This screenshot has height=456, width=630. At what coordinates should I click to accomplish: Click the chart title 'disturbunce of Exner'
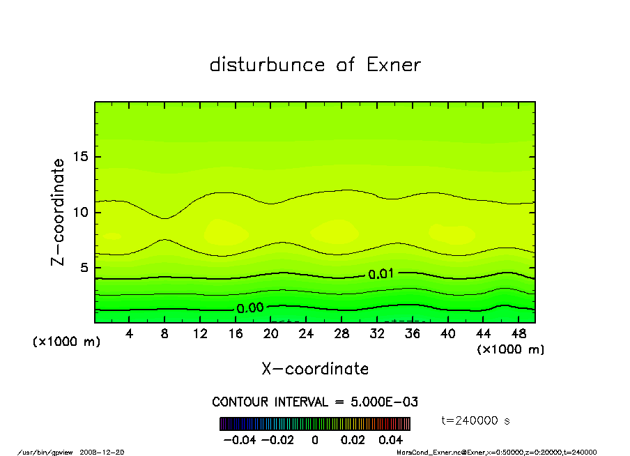coord(315,66)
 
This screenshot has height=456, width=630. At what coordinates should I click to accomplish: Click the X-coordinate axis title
coord(315,369)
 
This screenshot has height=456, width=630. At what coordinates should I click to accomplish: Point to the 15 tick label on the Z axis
coord(80,157)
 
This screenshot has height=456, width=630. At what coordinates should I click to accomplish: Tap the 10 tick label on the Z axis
coord(80,212)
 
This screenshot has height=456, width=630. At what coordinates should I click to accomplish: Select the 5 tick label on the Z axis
coord(84,268)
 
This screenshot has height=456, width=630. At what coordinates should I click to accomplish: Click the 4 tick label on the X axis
coord(130,334)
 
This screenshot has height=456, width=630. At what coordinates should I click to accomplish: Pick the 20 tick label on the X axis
coord(271,334)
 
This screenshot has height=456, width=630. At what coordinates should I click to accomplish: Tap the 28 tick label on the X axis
coord(341,334)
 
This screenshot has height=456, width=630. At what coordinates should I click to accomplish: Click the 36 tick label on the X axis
coord(413,334)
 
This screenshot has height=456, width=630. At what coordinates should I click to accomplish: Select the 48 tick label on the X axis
coord(518,334)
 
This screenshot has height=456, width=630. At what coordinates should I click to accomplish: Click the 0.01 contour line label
coord(381,274)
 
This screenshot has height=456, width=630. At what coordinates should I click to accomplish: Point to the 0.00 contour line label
coord(250,308)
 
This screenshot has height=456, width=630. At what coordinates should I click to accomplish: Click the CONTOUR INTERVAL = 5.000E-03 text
coord(315,402)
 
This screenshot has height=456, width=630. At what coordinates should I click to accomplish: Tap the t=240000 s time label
coord(471,420)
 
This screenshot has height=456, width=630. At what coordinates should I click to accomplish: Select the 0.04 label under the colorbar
coord(390,440)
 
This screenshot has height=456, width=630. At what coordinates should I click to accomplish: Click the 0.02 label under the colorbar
coord(352,440)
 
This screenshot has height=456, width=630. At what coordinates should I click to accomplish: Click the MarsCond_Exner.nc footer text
coord(426,452)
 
